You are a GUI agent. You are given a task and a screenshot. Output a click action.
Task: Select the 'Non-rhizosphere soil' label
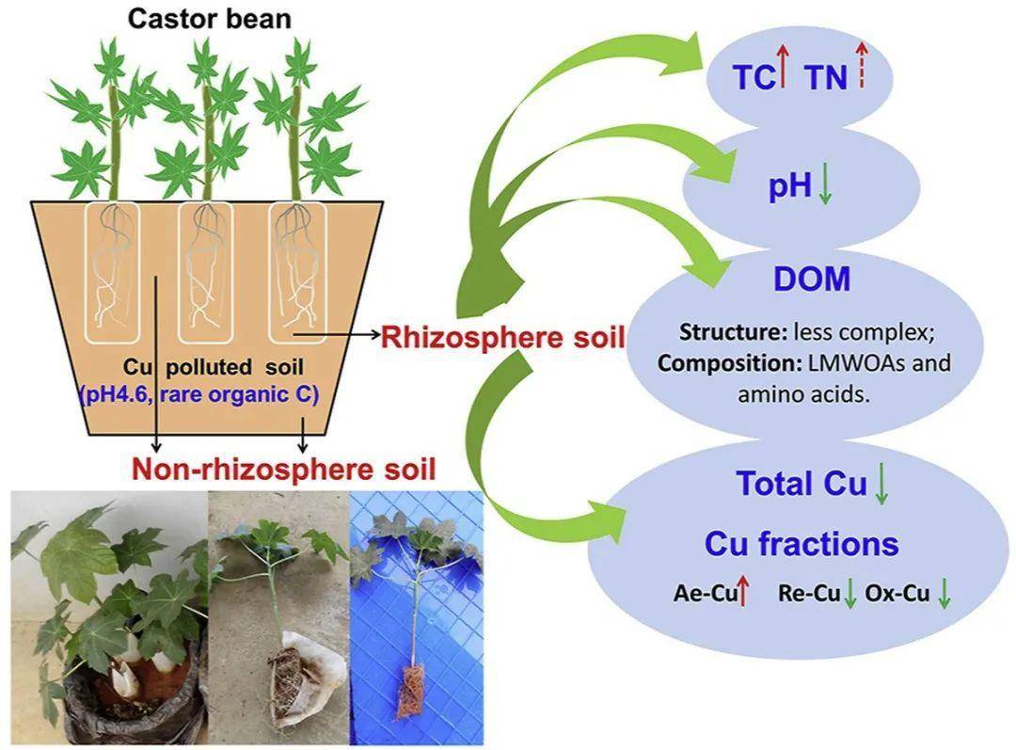[x=284, y=468]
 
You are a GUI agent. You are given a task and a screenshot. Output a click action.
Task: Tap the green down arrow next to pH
[x=826, y=185]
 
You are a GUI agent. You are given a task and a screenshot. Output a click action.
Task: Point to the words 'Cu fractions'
[x=802, y=544]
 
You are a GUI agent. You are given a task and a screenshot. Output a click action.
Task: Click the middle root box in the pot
[x=204, y=271]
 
